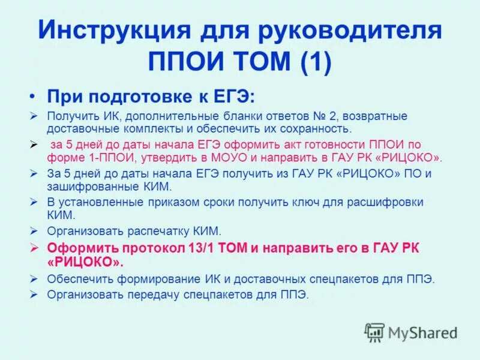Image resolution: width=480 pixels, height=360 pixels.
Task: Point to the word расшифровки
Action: [388, 202]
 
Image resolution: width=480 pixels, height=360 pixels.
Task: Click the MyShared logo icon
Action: [374, 332]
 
